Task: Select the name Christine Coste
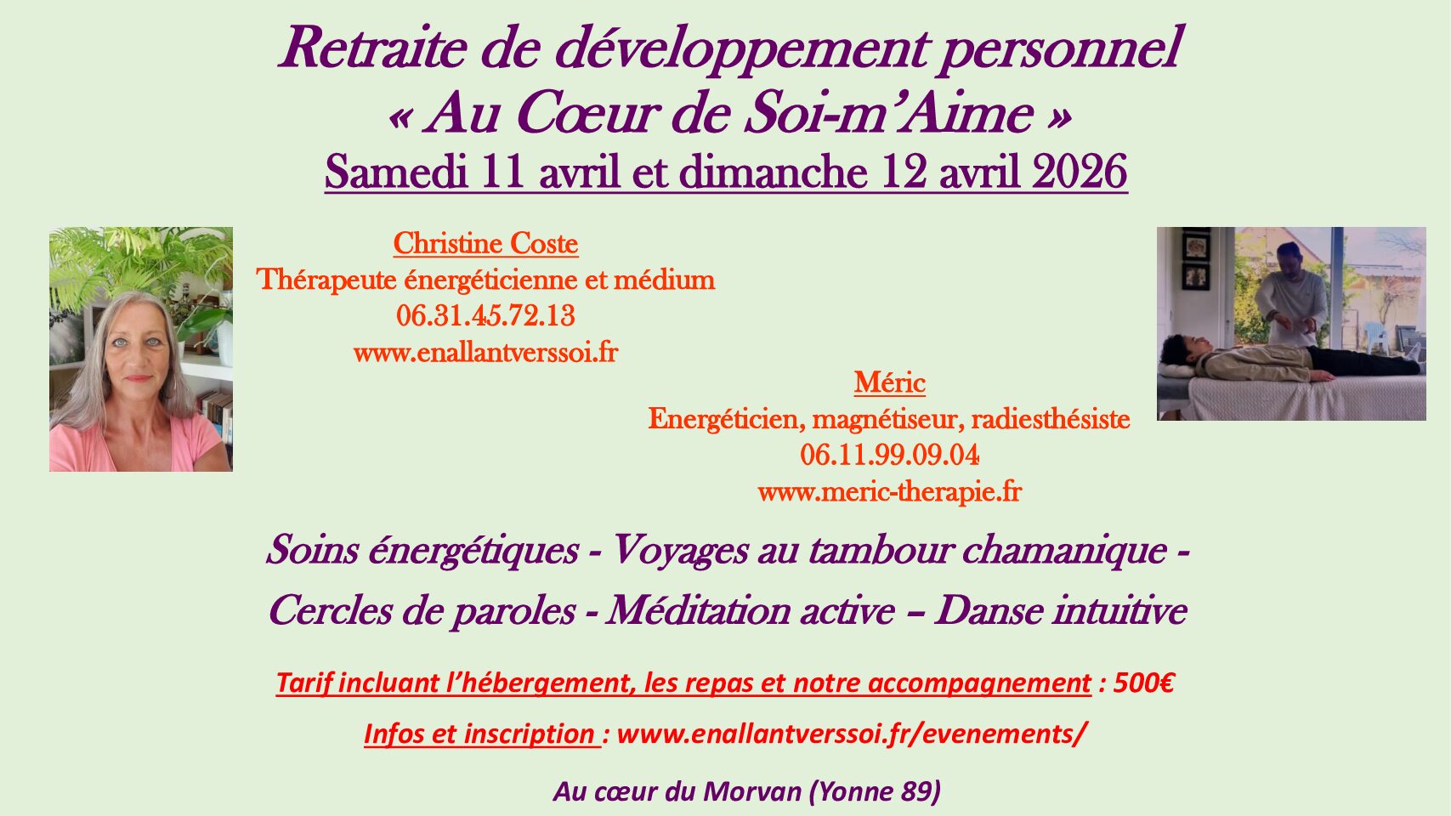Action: coord(486,244)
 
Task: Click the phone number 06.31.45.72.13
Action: coord(486,316)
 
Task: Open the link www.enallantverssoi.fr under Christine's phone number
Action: coord(486,353)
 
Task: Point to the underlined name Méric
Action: coord(889,382)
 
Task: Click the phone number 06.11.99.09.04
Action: coord(889,456)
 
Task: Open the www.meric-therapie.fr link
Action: coord(889,492)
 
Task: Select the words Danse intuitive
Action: coord(1061,610)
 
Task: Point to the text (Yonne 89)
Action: coord(876,791)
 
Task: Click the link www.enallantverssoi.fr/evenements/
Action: coord(851,734)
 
